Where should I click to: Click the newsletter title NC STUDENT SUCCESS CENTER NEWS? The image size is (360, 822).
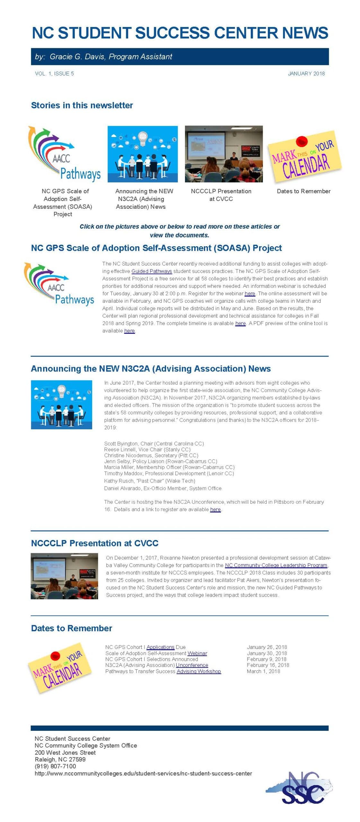[180, 33]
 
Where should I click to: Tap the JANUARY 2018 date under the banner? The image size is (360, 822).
[306, 74]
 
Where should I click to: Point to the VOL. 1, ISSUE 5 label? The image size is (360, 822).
[54, 74]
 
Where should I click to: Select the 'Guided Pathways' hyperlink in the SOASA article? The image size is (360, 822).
[152, 271]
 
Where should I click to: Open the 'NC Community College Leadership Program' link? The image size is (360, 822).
[276, 565]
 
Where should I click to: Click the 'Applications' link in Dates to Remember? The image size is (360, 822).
[160, 647]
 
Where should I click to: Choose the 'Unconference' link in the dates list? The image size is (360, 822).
[192, 665]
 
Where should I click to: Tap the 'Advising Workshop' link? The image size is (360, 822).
[198, 671]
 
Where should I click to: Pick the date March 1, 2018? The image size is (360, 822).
[263, 671]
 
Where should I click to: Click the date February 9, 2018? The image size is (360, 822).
[266, 659]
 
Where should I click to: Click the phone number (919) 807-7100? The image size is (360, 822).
[55, 766]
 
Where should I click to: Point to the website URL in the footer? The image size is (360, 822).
[143, 774]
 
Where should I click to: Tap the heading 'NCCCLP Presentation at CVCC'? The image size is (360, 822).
[95, 543]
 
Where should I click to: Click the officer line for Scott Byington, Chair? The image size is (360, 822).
[154, 443]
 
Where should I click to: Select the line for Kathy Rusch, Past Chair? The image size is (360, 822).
[149, 481]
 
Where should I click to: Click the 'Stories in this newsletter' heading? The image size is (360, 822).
[82, 105]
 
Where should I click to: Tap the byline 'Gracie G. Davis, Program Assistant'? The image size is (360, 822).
[111, 57]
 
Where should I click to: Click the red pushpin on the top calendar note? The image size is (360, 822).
[301, 141]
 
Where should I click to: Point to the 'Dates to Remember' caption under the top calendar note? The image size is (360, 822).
[303, 191]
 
